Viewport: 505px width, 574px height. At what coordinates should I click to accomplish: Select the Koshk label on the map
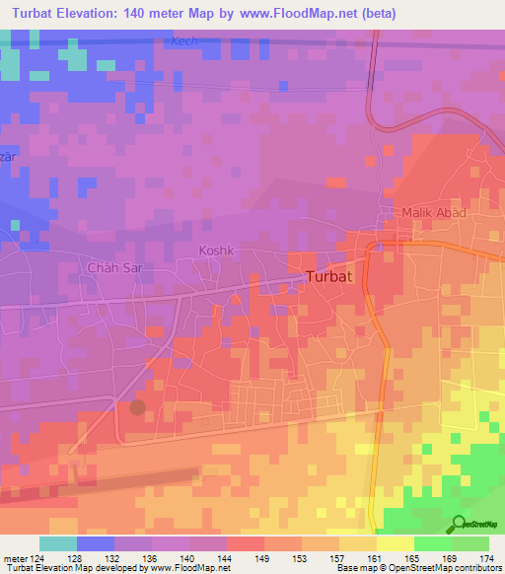click(217, 251)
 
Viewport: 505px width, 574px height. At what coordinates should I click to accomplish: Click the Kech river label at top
click(184, 41)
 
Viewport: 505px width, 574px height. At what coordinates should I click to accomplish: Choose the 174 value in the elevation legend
click(487, 559)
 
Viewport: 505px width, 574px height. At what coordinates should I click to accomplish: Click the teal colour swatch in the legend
click(57, 543)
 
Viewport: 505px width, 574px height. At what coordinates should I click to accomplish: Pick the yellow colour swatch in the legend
click(395, 543)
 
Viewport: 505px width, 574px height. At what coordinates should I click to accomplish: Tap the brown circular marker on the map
click(137, 406)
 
